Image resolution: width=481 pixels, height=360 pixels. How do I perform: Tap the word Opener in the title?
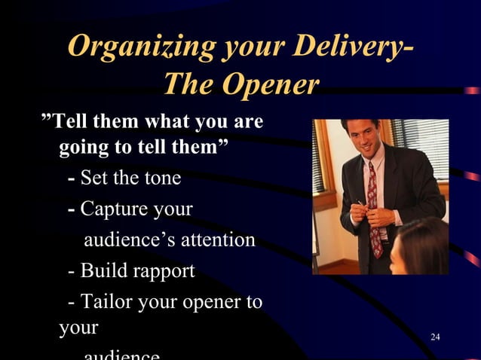(273, 85)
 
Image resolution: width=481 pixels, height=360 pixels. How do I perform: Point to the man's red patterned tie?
(374, 210)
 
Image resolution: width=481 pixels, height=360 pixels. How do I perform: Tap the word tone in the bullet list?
(160, 179)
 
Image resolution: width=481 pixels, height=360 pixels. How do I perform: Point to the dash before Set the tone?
(71, 179)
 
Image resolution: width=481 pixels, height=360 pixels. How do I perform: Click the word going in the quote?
(82, 147)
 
